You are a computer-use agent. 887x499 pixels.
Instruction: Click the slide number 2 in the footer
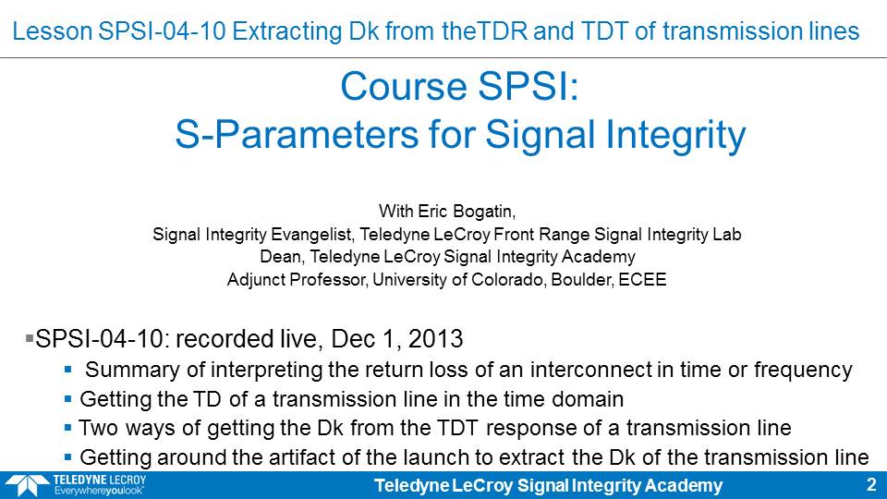pyautogui.click(x=871, y=485)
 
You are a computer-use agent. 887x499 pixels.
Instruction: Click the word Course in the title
pyautogui.click(x=404, y=87)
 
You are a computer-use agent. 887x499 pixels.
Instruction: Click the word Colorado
pyautogui.click(x=508, y=279)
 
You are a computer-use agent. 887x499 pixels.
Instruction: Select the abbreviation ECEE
pyautogui.click(x=642, y=279)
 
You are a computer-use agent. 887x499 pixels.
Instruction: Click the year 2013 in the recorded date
pyautogui.click(x=435, y=339)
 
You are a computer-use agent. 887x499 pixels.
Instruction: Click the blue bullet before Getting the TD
pyautogui.click(x=67, y=399)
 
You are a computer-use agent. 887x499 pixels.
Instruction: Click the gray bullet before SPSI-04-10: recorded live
pyautogui.click(x=30, y=338)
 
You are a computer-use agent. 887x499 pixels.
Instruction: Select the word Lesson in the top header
pyautogui.click(x=52, y=31)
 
